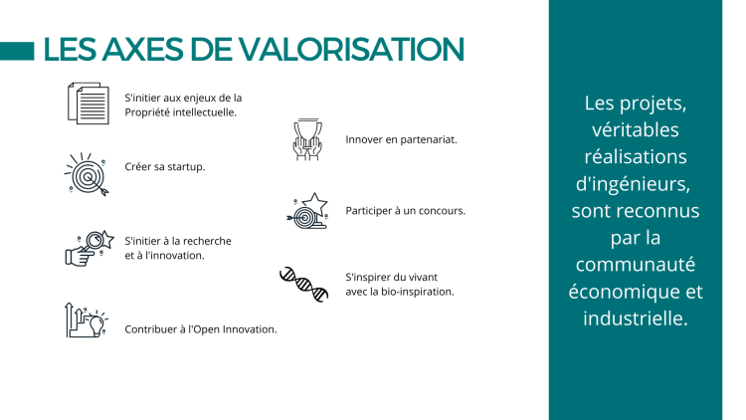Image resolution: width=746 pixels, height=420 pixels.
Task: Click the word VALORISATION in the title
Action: pyautogui.click(x=351, y=49)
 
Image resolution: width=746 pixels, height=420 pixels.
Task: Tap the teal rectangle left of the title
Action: pyautogui.click(x=17, y=52)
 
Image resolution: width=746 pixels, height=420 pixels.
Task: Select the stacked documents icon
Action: pyautogui.click(x=88, y=104)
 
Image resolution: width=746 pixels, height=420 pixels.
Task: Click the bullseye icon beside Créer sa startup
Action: pyautogui.click(x=88, y=175)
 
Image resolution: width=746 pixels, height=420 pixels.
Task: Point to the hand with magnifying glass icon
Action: pyautogui.click(x=90, y=248)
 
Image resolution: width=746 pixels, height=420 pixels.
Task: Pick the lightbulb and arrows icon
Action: pyautogui.click(x=87, y=320)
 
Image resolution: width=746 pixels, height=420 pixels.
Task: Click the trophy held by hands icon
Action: pyautogui.click(x=307, y=139)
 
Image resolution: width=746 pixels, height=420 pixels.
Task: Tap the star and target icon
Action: pyautogui.click(x=307, y=211)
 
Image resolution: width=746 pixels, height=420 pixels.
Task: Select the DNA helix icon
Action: pyautogui.click(x=304, y=285)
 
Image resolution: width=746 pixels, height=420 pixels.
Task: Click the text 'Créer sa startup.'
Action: pyautogui.click(x=164, y=167)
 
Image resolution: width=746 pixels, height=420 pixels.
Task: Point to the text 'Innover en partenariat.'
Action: pyautogui.click(x=401, y=140)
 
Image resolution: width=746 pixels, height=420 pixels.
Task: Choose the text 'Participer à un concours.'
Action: pyautogui.click(x=406, y=211)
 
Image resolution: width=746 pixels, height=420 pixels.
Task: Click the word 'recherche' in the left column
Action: pyautogui.click(x=207, y=241)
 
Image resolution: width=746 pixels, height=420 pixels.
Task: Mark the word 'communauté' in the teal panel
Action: pyautogui.click(x=636, y=265)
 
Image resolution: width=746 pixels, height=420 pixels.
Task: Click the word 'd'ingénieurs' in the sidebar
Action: pyautogui.click(x=633, y=184)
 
